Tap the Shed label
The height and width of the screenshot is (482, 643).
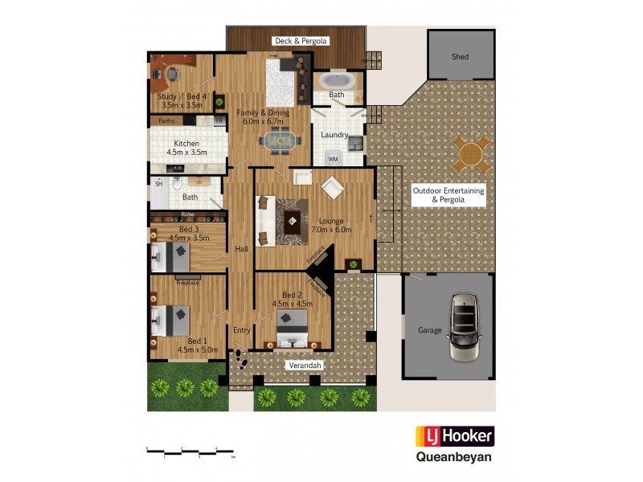click(460, 57)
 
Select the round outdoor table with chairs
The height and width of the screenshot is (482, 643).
click(470, 153)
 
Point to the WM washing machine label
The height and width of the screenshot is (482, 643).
click(333, 160)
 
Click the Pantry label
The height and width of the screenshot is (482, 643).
click(166, 120)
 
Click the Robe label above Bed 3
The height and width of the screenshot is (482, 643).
click(186, 214)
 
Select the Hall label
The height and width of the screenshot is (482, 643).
click(241, 249)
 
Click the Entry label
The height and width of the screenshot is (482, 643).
click(242, 330)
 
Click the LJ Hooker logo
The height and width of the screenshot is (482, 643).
click(454, 437)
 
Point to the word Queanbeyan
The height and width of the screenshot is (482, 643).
click(453, 459)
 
